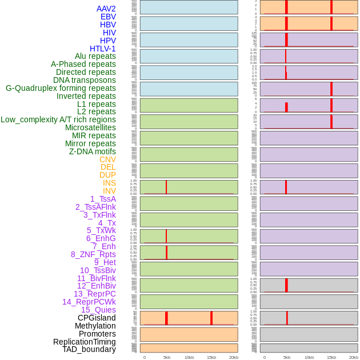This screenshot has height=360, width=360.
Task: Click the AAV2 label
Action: [106, 9]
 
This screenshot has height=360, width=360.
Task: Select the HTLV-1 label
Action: [102, 49]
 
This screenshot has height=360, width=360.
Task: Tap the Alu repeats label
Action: [95, 56]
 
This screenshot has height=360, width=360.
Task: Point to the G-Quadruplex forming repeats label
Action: [61, 88]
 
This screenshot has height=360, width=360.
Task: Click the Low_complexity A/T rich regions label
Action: [58, 119]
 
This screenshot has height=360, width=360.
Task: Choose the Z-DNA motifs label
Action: [92, 151]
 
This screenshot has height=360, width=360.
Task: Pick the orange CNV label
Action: [107, 159]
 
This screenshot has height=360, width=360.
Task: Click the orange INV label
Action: [109, 191]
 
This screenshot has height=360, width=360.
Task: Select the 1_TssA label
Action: [103, 199]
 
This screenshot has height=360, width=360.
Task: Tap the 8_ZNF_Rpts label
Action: [93, 254]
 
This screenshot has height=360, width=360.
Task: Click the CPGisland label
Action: [97, 318]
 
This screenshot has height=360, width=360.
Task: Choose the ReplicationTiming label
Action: [84, 342]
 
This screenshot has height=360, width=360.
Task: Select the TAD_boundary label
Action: [89, 349]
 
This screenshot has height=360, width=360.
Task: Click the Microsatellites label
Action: [90, 127]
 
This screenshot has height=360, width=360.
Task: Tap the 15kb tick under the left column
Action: [211, 357]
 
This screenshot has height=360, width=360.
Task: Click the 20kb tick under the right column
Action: [353, 357]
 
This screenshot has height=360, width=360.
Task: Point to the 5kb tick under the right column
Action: [286, 357]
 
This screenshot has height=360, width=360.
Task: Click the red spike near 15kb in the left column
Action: [211, 318]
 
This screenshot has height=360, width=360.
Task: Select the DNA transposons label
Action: [85, 80]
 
